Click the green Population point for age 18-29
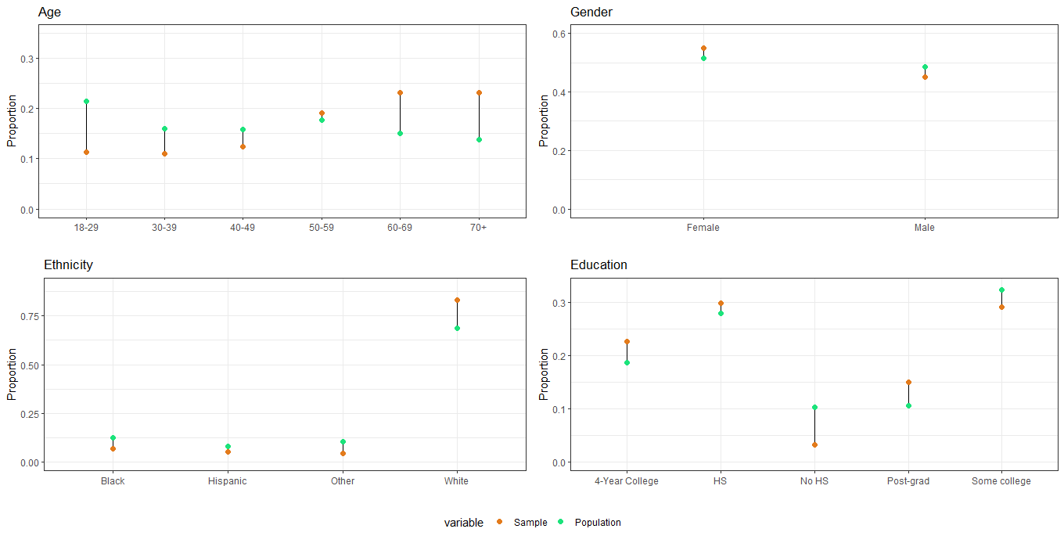(x=86, y=101)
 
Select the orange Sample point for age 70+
(x=479, y=92)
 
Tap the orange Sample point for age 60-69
(x=400, y=92)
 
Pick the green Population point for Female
(x=703, y=58)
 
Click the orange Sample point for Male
(x=925, y=77)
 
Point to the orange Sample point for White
(x=457, y=300)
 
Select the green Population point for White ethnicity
(x=457, y=328)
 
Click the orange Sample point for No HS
(x=814, y=444)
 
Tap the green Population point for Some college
(x=1001, y=290)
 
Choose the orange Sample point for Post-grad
(x=908, y=382)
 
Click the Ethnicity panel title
(x=68, y=264)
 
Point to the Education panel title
(x=598, y=264)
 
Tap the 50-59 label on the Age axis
(x=322, y=228)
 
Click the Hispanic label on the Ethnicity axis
(x=228, y=480)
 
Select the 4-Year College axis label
(x=626, y=480)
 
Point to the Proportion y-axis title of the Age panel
(x=12, y=121)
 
